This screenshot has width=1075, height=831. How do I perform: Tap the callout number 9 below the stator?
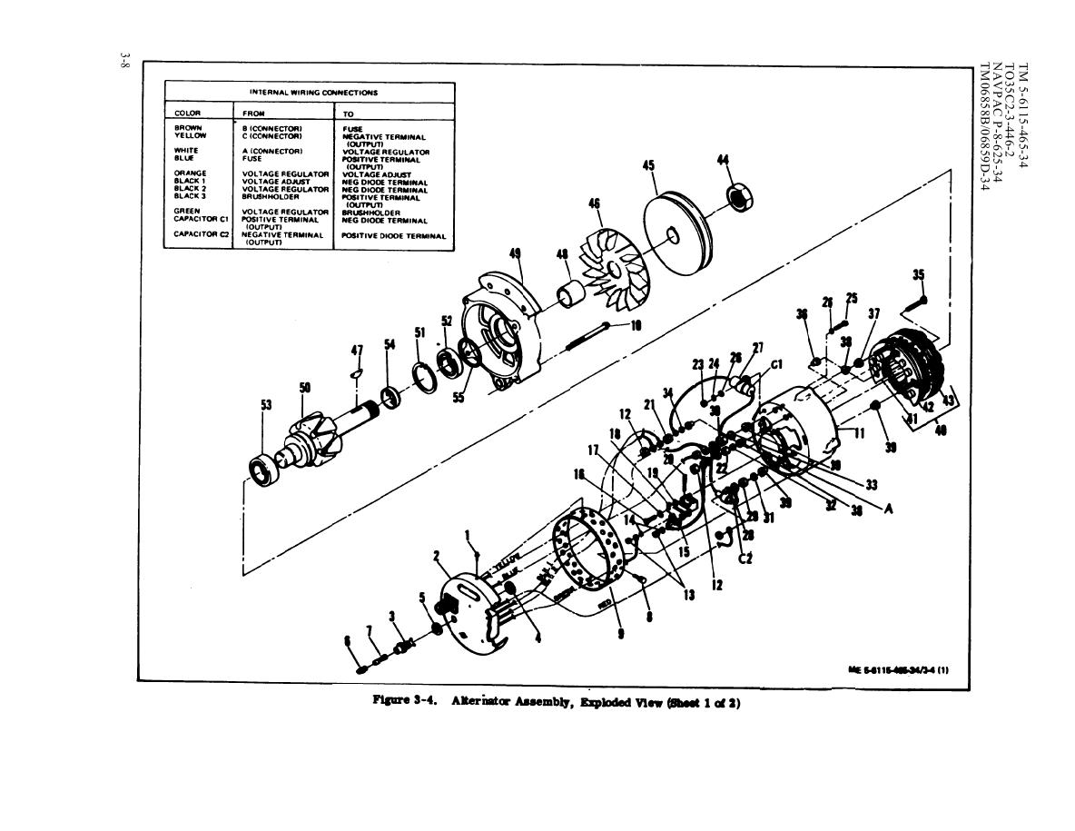point(620,634)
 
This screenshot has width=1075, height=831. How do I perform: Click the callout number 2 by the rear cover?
point(437,555)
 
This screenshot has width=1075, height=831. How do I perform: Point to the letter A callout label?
point(888,509)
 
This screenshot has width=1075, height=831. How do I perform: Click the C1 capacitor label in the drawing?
point(776,366)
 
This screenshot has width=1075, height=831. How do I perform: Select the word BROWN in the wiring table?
point(188,129)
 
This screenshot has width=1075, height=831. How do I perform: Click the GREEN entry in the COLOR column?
point(187,212)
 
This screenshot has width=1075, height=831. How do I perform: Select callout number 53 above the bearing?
point(266,404)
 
